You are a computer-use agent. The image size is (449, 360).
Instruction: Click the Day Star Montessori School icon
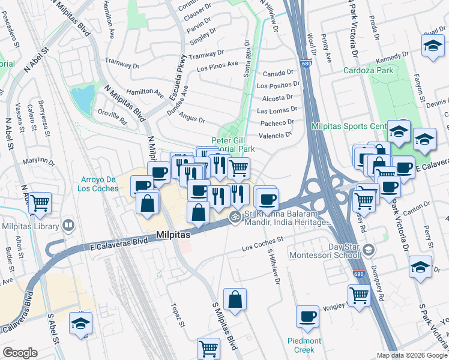[x=370, y=249]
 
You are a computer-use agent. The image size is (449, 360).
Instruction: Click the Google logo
[x=20, y=353]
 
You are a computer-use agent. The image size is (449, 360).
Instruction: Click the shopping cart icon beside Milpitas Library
[x=40, y=203]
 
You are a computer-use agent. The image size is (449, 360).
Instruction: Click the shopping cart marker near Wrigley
[x=359, y=295]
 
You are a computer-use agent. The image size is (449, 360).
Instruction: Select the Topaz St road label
[x=178, y=314]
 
